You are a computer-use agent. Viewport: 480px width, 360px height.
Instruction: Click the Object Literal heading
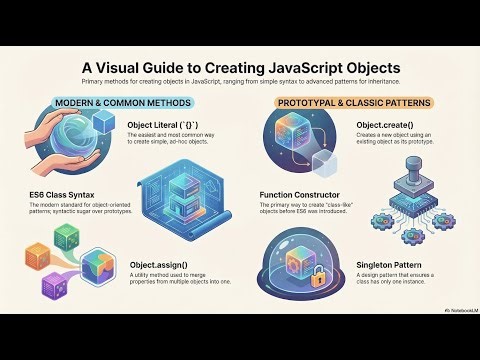tap(160, 126)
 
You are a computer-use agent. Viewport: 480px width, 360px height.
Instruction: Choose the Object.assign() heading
tap(162, 265)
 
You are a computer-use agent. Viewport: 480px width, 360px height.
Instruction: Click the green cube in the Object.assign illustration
tap(68, 237)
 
